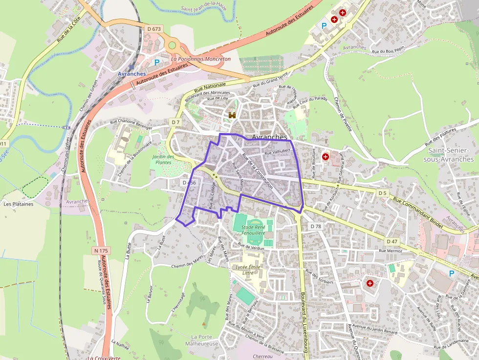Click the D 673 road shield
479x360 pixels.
pos(154,29)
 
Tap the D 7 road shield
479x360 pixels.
pos(176,121)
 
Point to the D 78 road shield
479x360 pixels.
pos(316,226)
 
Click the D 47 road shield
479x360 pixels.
pos(392,241)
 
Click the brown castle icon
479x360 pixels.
pos(232,115)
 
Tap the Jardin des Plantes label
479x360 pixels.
pos(163,160)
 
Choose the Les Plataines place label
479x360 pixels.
pos(19,204)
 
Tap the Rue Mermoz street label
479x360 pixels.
pos(390,251)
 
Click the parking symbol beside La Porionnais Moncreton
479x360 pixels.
pos(157,63)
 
